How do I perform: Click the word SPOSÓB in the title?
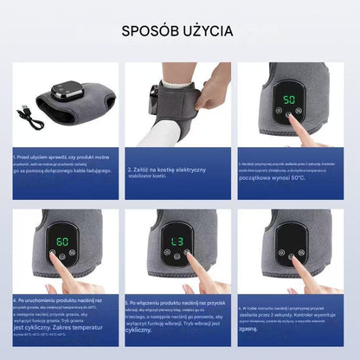pos(151,31)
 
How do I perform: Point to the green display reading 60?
pos(62,241)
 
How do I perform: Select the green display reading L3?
pos(177,241)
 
